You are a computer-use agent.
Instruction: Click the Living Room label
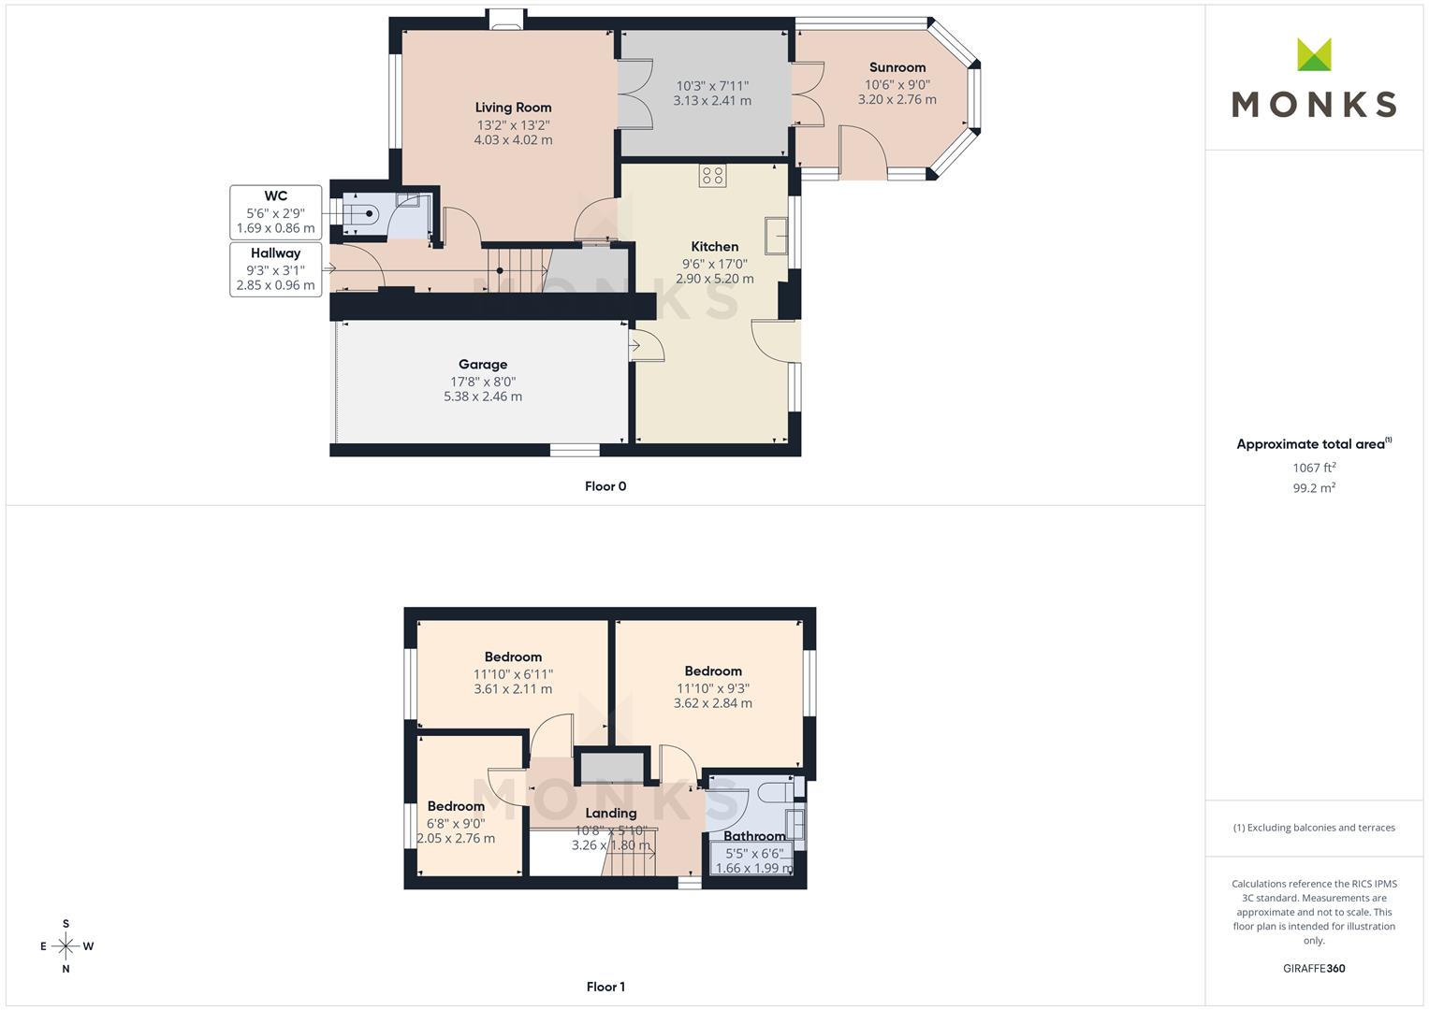pos(513,108)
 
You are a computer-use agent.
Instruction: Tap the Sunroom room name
pos(897,67)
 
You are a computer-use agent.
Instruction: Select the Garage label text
pos(483,364)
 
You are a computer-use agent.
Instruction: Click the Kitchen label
pos(715,246)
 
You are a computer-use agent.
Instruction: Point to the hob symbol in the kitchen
pos(712,176)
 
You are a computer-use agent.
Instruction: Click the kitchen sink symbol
pos(777,236)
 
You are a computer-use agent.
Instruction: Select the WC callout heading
pos(275,195)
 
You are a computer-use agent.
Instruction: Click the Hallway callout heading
pos(275,252)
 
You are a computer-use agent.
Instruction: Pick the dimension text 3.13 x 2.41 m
pos(712,101)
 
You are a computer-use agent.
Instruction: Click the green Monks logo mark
pos(1314,54)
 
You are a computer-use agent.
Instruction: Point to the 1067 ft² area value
pos(1314,468)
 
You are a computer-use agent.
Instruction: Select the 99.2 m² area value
pos(1314,488)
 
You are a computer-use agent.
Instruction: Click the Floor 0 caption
pos(605,486)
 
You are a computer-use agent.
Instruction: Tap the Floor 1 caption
pos(605,987)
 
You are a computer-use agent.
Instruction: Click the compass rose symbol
pos(66,946)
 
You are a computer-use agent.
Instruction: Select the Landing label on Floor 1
pos(611,813)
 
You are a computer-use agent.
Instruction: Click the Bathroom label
pos(754,836)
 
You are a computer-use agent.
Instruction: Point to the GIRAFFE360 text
pos(1314,968)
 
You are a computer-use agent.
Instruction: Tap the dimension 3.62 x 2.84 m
pos(712,702)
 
